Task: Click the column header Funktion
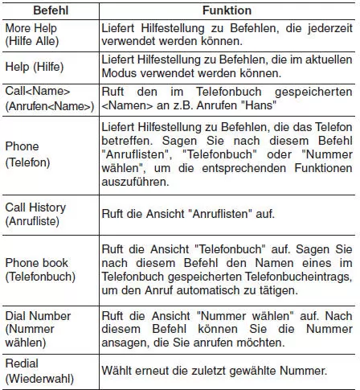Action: point(227,11)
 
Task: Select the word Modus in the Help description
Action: point(119,73)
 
